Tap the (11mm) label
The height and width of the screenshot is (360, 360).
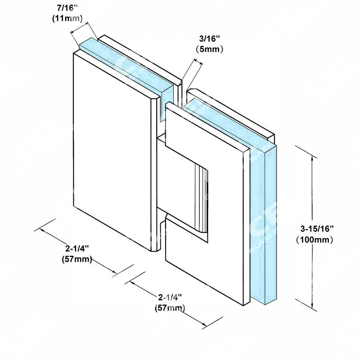(x=67, y=18)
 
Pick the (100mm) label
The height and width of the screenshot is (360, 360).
(x=314, y=240)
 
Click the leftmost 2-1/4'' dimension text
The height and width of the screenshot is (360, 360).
(x=77, y=248)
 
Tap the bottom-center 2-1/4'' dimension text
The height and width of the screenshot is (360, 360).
(x=170, y=297)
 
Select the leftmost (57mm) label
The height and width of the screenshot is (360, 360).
(x=77, y=259)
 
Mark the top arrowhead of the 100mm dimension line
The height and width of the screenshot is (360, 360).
(x=312, y=158)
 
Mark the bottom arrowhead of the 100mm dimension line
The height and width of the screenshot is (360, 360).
(x=312, y=306)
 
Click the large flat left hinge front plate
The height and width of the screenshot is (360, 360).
(x=112, y=152)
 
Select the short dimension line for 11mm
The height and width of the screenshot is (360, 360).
(x=79, y=27)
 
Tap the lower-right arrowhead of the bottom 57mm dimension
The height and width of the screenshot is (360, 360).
(x=204, y=324)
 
